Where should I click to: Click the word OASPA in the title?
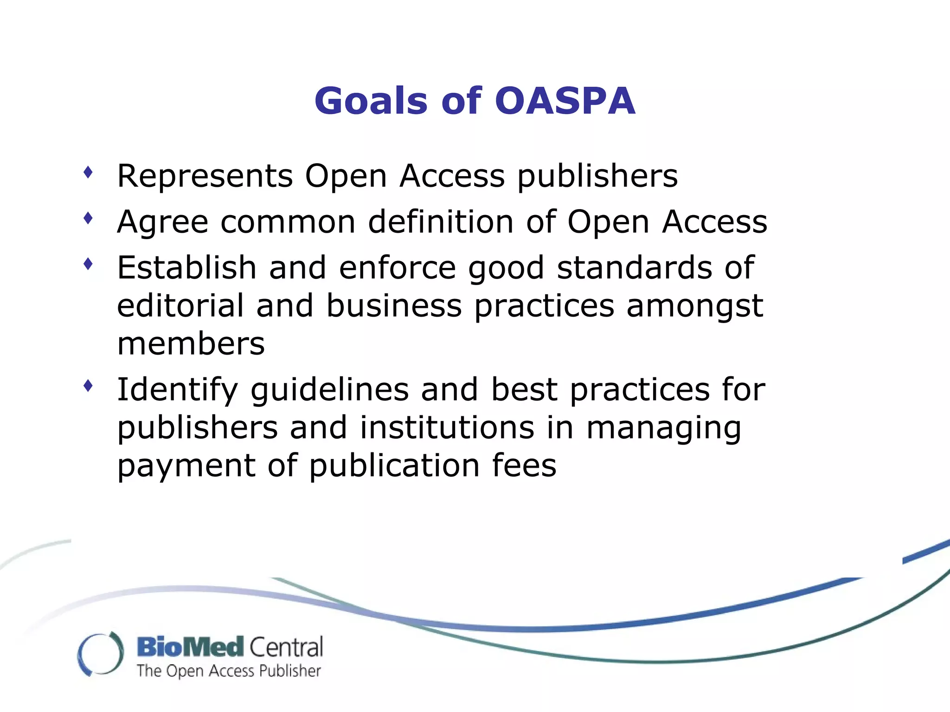[x=565, y=101]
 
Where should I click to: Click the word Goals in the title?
[x=371, y=101]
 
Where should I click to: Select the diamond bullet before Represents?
[x=88, y=173]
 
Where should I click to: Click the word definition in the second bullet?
[x=441, y=222]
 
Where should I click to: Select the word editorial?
[x=180, y=306]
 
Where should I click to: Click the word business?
[x=394, y=306]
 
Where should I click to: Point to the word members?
[x=191, y=344]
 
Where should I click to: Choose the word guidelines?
[x=329, y=389]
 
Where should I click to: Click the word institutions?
[x=447, y=427]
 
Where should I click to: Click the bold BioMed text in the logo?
[x=190, y=647]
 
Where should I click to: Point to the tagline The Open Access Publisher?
[x=229, y=671]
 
